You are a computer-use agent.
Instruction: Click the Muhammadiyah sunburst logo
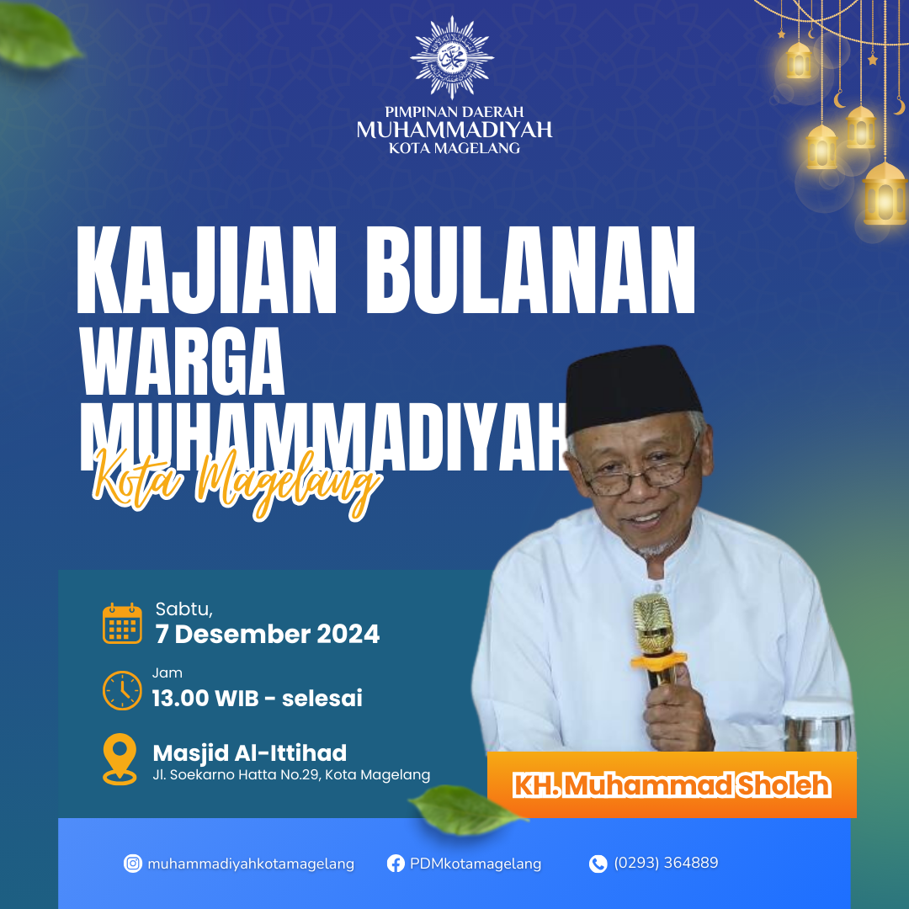tap(452, 57)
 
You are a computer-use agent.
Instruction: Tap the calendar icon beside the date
tap(122, 623)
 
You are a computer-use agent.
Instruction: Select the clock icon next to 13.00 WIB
tap(122, 690)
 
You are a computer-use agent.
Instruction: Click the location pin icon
tap(120, 759)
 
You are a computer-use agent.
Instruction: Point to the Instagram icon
tap(133, 864)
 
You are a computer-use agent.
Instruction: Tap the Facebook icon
tap(396, 864)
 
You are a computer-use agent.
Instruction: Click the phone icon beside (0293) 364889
tap(598, 864)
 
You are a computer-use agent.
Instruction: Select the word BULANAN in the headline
tap(531, 270)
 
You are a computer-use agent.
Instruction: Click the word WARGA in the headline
tap(182, 361)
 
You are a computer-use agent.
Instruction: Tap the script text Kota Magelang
tap(237, 481)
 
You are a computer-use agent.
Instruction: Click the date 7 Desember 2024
tap(268, 635)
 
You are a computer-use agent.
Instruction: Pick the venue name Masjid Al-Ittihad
tap(250, 753)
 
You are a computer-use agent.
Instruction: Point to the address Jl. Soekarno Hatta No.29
tap(237, 775)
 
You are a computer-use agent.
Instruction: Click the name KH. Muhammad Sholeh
tap(672, 785)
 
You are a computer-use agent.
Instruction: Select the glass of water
tap(817, 726)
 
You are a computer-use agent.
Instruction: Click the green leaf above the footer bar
tap(467, 810)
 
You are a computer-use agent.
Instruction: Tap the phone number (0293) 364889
tap(666, 864)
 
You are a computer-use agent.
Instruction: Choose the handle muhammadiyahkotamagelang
tap(251, 864)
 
